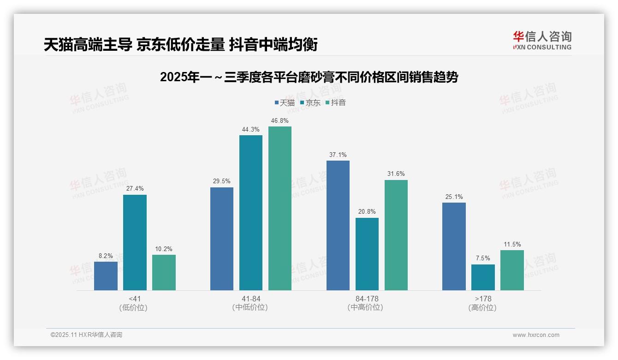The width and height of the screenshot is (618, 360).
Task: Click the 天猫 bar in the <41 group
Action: click(106, 276)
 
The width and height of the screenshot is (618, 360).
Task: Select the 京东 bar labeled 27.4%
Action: click(135, 242)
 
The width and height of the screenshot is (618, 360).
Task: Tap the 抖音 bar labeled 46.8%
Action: click(280, 208)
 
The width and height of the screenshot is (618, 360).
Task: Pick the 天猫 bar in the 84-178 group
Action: click(338, 225)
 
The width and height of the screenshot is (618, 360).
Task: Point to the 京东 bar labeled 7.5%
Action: click(483, 277)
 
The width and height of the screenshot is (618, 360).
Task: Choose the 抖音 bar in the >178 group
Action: click(512, 270)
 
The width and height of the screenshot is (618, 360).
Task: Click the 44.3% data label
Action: click(250, 130)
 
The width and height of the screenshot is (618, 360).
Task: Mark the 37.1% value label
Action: click(338, 155)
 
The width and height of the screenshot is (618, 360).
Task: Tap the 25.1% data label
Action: click(454, 197)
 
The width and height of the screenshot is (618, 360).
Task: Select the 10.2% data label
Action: click(164, 249)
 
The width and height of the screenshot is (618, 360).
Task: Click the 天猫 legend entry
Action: click(285, 102)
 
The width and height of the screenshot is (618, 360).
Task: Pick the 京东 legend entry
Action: click(310, 102)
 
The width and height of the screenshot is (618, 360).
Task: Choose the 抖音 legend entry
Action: click(335, 102)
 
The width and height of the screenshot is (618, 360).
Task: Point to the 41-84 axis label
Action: click(250, 299)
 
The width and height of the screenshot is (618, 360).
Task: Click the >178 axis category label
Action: click(483, 299)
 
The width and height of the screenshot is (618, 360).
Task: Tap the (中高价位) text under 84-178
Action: click(367, 307)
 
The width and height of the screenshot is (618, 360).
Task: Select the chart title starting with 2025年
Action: click(309, 77)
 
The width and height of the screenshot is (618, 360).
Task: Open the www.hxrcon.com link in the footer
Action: click(536, 335)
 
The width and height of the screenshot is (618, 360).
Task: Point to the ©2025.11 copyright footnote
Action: click(86, 335)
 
